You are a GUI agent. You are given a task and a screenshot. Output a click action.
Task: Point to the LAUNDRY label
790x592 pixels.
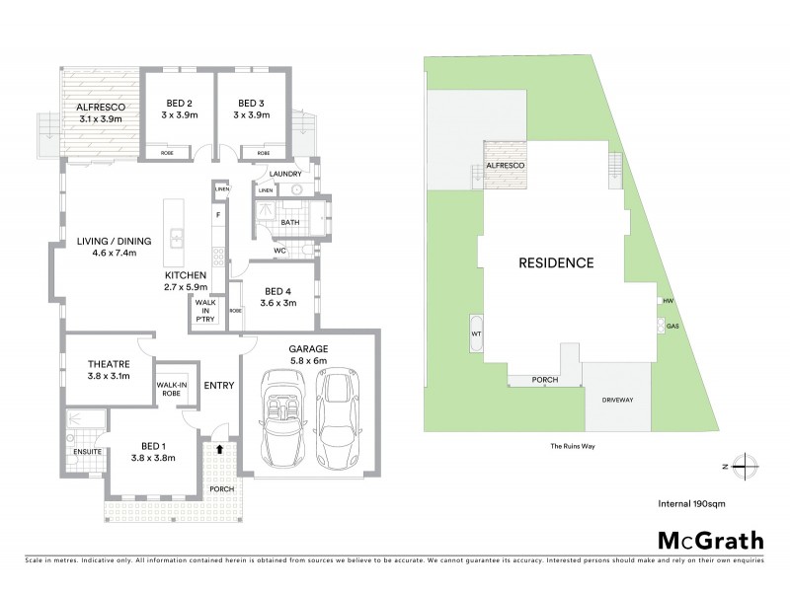pos(284,175)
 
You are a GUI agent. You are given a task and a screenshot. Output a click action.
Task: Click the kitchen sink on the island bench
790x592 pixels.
pos(175,238)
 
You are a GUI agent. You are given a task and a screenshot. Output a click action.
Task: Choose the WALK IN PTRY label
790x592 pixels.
pos(205,311)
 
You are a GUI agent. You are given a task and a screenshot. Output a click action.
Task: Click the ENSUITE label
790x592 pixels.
pos(87,452)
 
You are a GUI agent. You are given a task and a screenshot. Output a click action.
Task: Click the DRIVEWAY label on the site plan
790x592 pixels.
pos(615,400)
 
